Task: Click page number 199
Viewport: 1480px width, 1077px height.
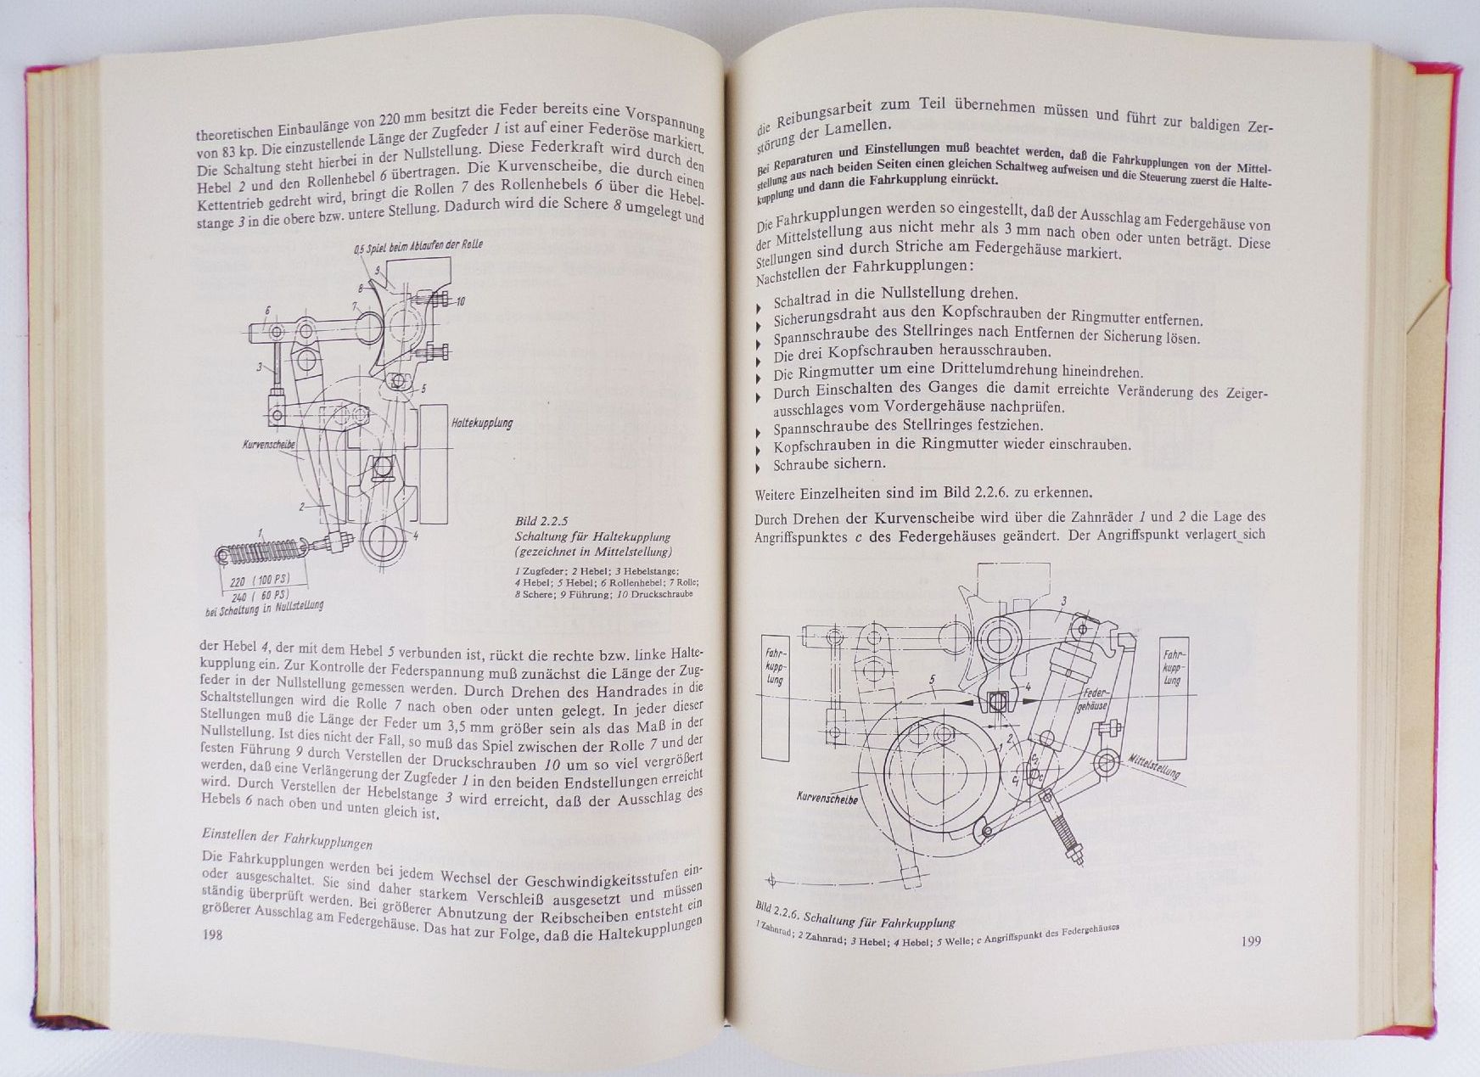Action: pyautogui.click(x=1250, y=941)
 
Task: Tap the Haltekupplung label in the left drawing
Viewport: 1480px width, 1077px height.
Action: pyautogui.click(x=482, y=422)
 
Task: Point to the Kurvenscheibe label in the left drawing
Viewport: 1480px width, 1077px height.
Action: pyautogui.click(x=269, y=443)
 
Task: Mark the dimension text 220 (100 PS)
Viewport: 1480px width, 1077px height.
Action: pyautogui.click(x=260, y=581)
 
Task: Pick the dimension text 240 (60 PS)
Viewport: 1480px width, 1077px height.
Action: pyautogui.click(x=260, y=596)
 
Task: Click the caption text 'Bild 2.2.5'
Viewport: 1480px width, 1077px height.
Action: pyautogui.click(x=541, y=521)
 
